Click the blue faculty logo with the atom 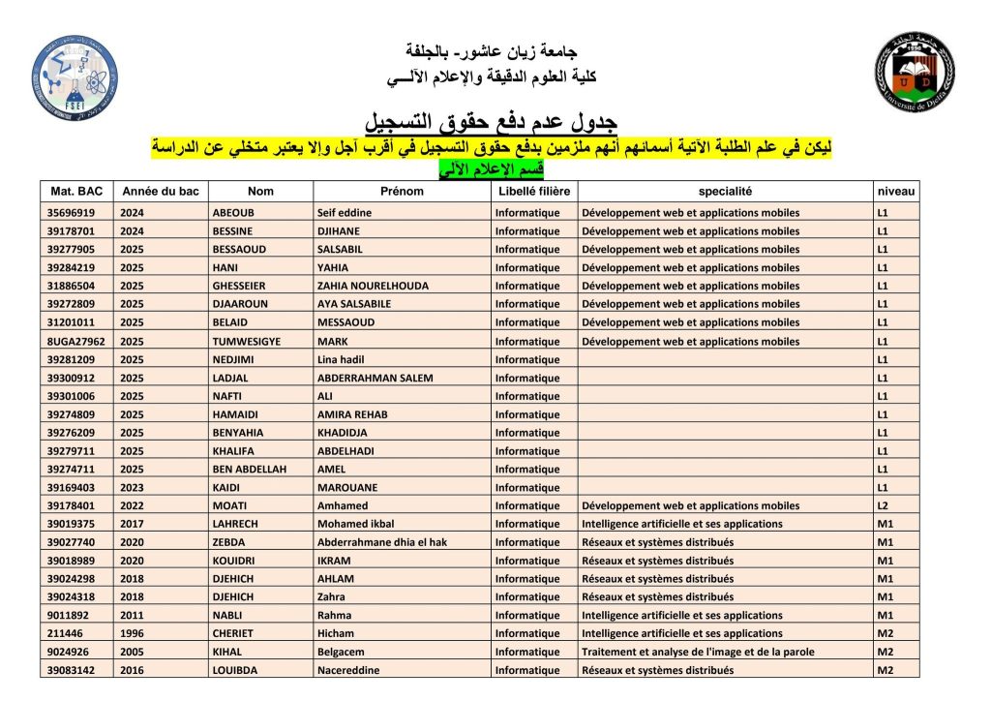pyautogui.click(x=75, y=76)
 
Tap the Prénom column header pyautogui.click(x=402, y=192)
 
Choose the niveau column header pyautogui.click(x=894, y=192)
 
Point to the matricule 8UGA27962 pyautogui.click(x=75, y=342)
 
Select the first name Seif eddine pyautogui.click(x=345, y=213)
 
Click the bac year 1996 pyautogui.click(x=132, y=634)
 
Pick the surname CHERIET pyautogui.click(x=234, y=634)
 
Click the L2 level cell pyautogui.click(x=883, y=505)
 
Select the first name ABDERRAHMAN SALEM pyautogui.click(x=375, y=378)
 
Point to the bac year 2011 pyautogui.click(x=132, y=616)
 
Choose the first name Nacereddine pyautogui.click(x=348, y=671)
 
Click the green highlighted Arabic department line pyautogui.click(x=492, y=169)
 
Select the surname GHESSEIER pyautogui.click(x=239, y=287)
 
